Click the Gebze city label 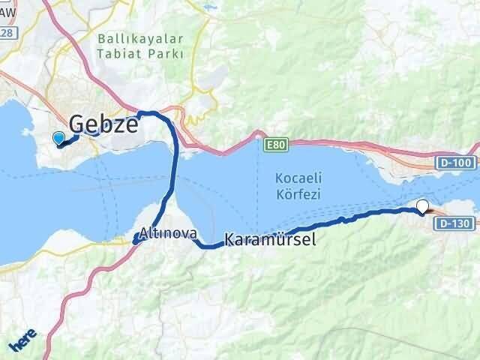[103, 124]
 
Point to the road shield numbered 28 [6, 34]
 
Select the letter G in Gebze [78, 124]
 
